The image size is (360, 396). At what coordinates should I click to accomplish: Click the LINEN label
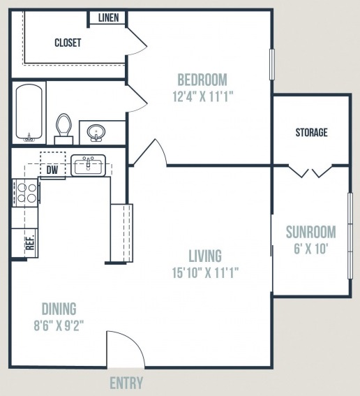tap(108, 17)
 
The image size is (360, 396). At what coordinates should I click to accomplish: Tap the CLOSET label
tap(68, 43)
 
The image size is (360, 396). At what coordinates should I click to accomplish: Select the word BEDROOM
tap(202, 80)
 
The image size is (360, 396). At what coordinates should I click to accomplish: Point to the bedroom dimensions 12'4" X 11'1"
tap(202, 96)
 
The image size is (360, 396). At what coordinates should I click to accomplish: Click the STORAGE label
tap(312, 132)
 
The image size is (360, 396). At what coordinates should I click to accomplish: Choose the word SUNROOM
tap(310, 232)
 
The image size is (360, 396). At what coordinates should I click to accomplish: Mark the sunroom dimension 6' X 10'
tap(310, 249)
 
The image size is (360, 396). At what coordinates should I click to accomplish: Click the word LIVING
tap(205, 256)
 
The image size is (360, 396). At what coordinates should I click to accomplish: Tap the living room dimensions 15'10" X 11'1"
tap(205, 273)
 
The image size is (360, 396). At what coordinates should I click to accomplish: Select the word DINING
tap(59, 309)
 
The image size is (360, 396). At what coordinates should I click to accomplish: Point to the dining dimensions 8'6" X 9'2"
tap(59, 325)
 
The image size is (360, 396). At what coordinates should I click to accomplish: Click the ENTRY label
tap(126, 383)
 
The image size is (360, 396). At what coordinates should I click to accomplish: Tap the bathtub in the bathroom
tap(29, 112)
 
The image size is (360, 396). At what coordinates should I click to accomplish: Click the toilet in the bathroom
tap(63, 129)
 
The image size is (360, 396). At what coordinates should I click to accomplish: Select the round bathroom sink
tap(96, 133)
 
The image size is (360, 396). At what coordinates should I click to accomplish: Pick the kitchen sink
tap(88, 166)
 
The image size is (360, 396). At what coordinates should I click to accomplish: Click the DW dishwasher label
tap(52, 170)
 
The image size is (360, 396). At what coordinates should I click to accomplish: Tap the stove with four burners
tap(25, 193)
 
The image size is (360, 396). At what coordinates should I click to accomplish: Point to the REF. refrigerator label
tap(30, 242)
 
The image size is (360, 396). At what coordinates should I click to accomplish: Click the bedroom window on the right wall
tap(271, 64)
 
